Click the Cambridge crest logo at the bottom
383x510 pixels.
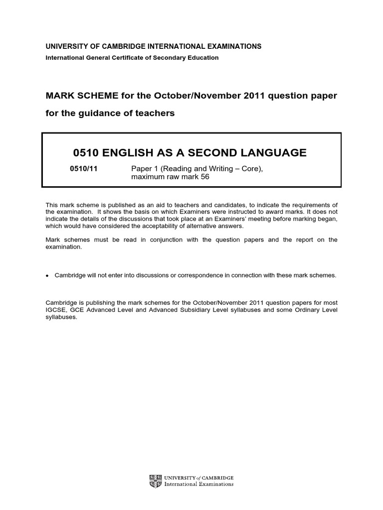153,481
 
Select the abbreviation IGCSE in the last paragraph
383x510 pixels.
55,310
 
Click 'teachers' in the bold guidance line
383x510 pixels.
156,113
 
